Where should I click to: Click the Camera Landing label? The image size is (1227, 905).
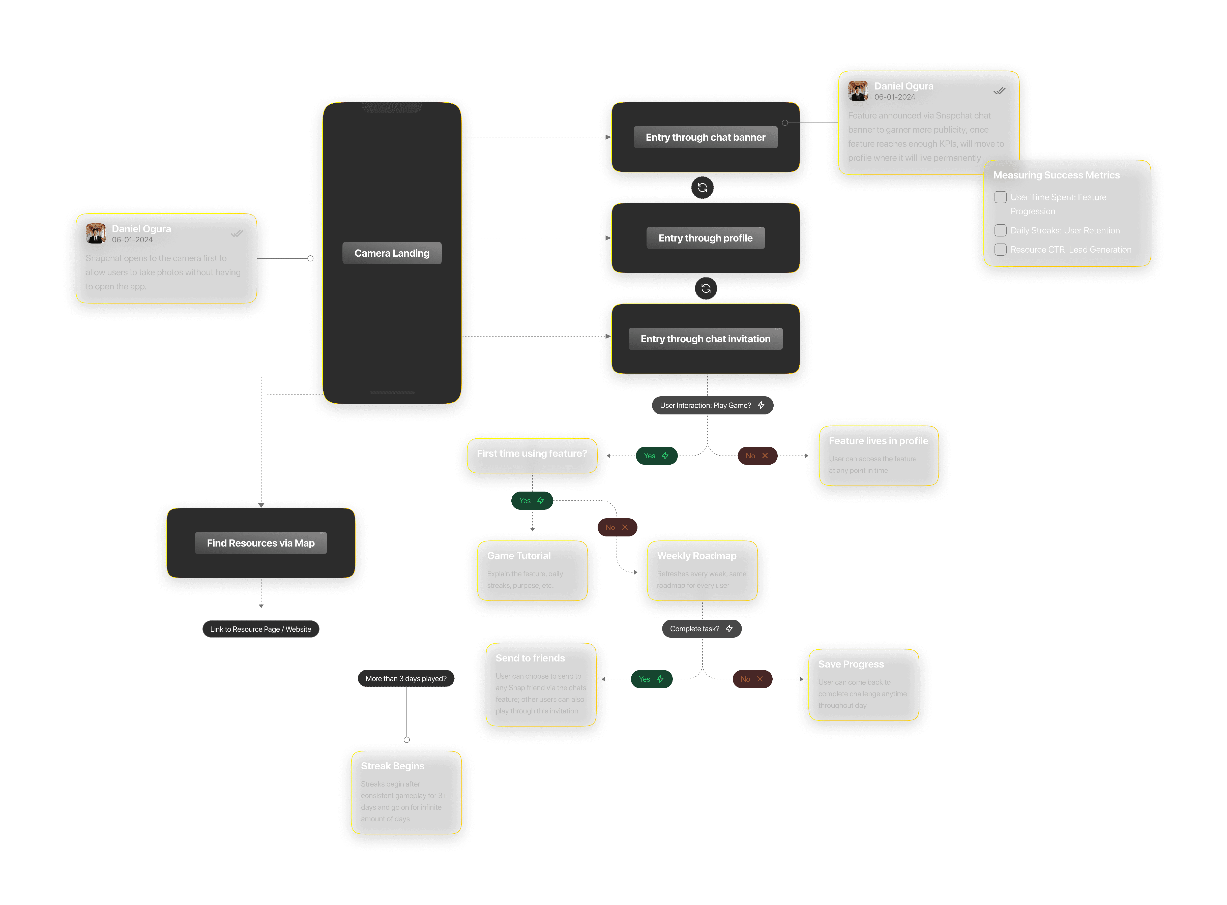[x=392, y=253]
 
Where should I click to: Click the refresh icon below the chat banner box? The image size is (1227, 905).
[x=702, y=188]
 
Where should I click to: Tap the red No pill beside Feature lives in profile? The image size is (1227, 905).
[x=757, y=456]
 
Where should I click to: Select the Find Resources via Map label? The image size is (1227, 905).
[x=261, y=543]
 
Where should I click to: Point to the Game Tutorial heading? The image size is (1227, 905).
[x=518, y=556]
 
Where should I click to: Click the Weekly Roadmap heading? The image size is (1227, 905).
[x=696, y=556]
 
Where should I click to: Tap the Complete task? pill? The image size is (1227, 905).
[x=701, y=628]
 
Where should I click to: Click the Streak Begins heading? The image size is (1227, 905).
[x=392, y=766]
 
